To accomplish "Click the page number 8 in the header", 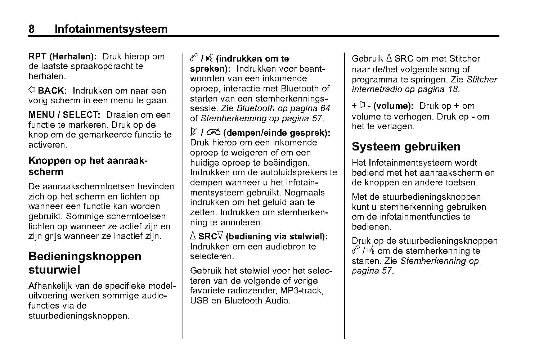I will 31,29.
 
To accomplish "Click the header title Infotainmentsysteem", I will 111,29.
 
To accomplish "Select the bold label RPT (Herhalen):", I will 63,57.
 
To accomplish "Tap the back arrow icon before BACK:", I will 32,90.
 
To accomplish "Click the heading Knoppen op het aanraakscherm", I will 88,166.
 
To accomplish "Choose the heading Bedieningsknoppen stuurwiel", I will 85,263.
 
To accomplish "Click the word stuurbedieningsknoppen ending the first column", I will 78,316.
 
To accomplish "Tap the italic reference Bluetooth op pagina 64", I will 283,108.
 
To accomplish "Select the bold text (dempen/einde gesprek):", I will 277,133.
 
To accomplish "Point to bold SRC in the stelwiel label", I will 207,237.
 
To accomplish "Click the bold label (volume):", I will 393,106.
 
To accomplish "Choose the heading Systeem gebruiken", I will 406,147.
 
